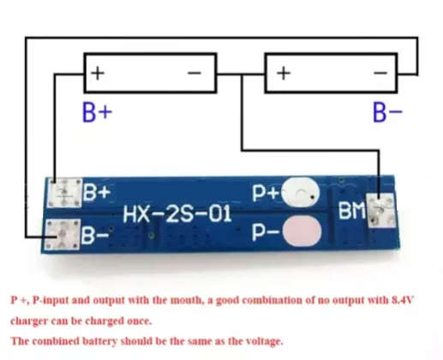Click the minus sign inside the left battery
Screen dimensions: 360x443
tap(195, 74)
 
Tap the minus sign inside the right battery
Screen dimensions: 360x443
tap(381, 74)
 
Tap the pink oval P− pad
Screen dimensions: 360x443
tap(302, 230)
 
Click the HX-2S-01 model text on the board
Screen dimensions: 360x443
tap(177, 213)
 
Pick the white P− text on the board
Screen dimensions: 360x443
tap(266, 231)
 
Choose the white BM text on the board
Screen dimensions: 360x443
tap(352, 210)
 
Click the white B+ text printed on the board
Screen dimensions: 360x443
tap(96, 193)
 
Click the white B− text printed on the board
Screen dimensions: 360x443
tap(96, 232)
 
